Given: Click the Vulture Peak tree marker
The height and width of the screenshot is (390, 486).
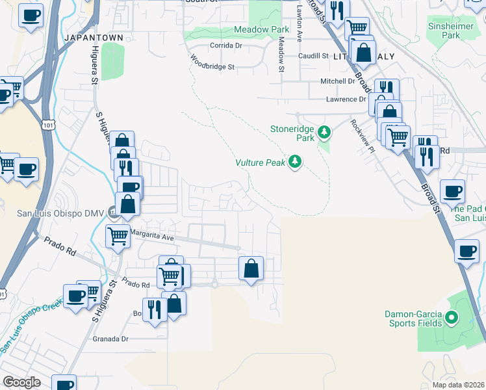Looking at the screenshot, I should [x=296, y=162].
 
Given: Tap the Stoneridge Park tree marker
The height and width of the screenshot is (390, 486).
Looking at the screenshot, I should [x=324, y=133].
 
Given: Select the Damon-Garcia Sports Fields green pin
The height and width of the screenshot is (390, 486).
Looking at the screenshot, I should [x=453, y=318].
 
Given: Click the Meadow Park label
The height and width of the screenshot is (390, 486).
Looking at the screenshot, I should [x=261, y=30].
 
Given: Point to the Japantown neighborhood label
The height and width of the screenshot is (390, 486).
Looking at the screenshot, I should [x=94, y=38].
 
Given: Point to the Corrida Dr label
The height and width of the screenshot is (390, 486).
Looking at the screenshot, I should [x=225, y=45].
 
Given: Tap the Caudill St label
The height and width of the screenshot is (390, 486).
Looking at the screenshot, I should [x=313, y=57].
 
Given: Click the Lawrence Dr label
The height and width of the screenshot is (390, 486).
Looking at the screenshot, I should [x=346, y=99].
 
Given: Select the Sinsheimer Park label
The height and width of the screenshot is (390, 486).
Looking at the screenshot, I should [x=452, y=31].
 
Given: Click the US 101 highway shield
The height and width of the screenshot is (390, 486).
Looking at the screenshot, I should [x=48, y=123].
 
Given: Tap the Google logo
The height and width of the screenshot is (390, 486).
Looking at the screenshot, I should [x=21, y=382].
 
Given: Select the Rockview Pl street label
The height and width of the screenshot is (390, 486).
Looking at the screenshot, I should [x=363, y=135].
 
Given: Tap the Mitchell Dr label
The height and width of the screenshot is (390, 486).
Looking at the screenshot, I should [x=338, y=81].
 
